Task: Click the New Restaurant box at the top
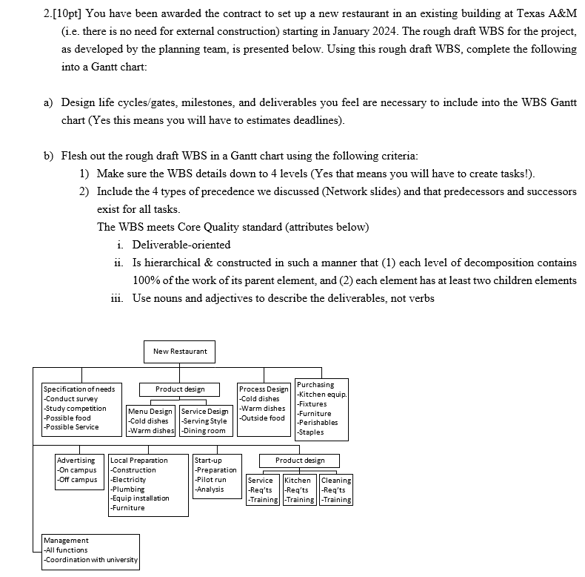point(180,351)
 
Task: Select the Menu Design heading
point(150,411)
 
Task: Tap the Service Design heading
point(205,411)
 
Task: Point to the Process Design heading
point(264,389)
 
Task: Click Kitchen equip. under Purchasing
point(322,394)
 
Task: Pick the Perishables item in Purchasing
point(318,423)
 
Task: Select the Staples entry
point(311,432)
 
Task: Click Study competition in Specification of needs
point(76,408)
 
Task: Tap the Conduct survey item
point(71,398)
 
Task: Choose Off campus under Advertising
point(78,480)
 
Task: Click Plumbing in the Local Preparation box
point(127,489)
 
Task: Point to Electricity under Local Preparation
point(128,480)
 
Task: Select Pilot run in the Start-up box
point(211,480)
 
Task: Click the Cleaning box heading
point(336,481)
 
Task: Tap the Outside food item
point(262,418)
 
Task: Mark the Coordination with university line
point(91,559)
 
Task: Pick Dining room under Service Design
point(204,430)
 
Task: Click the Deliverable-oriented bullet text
point(181,244)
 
